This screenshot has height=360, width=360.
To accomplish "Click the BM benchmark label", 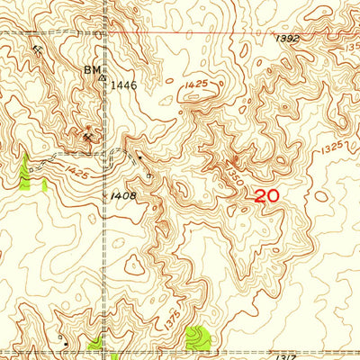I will coord(91,69).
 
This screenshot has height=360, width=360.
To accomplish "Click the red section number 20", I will coord(267,195).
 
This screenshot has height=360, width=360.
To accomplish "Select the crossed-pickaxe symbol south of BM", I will coord(87,136).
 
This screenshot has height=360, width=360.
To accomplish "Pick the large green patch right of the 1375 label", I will coord(197,338).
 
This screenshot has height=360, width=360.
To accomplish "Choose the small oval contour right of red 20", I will coord(321,195).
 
